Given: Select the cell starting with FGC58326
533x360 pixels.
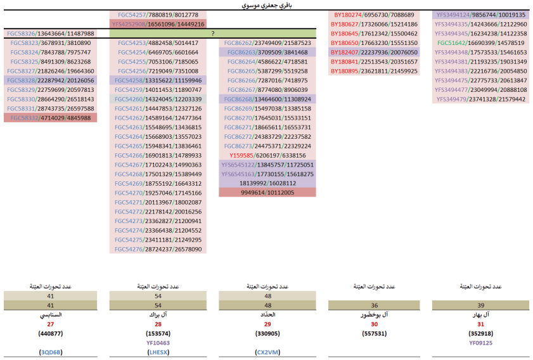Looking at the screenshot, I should tap(49, 33).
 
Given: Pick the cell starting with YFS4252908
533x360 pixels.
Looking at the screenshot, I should tap(158, 23).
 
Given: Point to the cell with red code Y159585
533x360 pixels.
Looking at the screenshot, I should tap(267, 155).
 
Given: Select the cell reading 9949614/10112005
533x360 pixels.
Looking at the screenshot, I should tap(267, 193).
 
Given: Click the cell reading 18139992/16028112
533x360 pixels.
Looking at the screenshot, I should tap(267, 183).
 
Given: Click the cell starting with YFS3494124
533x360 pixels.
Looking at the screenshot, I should tap(480, 15).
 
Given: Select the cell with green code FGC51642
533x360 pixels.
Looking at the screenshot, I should tap(480, 42).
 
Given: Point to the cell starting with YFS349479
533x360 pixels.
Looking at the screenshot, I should tap(480, 99).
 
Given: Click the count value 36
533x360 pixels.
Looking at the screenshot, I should tap(374, 305).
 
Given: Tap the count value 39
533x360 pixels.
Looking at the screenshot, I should tap(480, 305).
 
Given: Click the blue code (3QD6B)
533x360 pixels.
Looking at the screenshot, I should tap(51, 351).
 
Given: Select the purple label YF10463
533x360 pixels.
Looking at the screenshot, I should tap(158, 342).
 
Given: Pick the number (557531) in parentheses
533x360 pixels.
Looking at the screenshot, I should tap(374, 333).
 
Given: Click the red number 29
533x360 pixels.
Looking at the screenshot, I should tap(267, 324).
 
